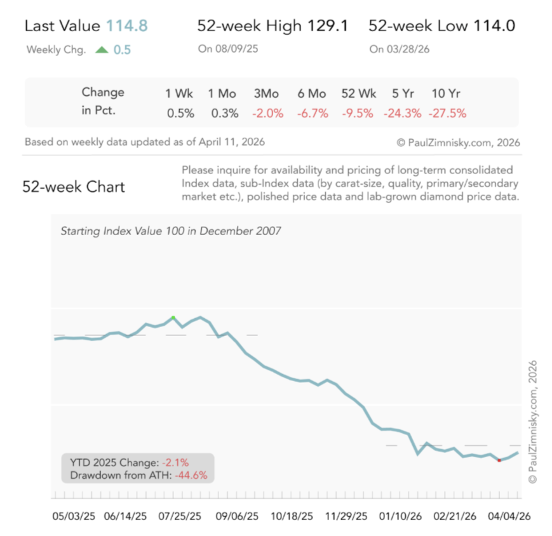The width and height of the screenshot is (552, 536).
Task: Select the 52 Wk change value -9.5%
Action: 358,114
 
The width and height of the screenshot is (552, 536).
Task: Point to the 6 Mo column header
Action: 312,93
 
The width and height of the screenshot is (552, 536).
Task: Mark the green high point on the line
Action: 173,317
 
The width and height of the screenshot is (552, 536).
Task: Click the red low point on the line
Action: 499,460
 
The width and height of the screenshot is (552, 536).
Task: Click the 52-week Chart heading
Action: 74,187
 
